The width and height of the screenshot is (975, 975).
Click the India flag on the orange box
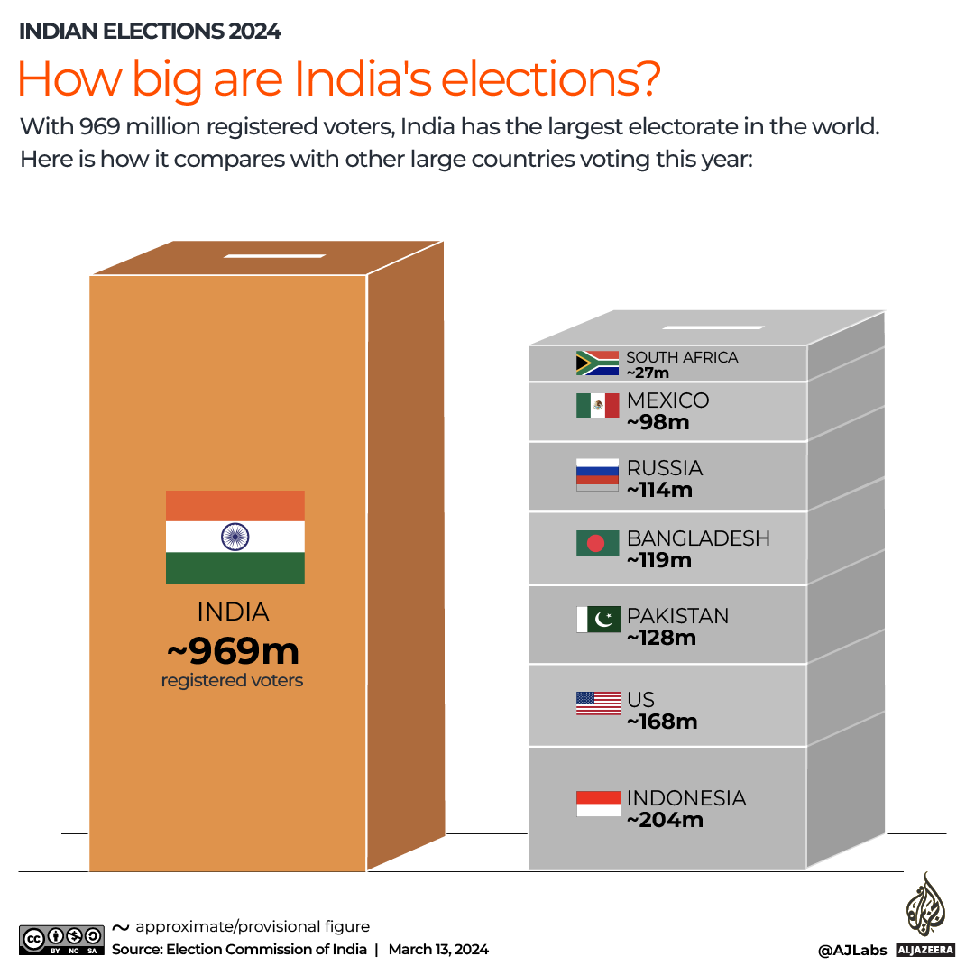click(235, 537)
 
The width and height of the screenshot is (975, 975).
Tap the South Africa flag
click(597, 363)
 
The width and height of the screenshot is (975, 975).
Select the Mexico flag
click(597, 406)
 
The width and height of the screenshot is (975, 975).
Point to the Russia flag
click(597, 474)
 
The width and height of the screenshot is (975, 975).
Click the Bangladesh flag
click(597, 543)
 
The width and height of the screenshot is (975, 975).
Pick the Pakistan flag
click(597, 620)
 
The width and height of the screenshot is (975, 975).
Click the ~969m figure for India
click(232, 649)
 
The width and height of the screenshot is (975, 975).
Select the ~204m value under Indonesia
click(665, 820)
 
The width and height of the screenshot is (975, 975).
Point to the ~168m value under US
click(662, 722)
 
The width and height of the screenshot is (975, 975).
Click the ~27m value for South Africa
click(648, 373)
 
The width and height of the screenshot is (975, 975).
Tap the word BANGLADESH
click(698, 538)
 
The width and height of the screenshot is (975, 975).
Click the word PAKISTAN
click(677, 616)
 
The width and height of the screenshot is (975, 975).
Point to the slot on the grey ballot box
click(722, 326)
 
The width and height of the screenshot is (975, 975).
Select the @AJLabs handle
click(852, 950)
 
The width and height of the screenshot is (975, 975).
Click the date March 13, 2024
click(438, 949)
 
